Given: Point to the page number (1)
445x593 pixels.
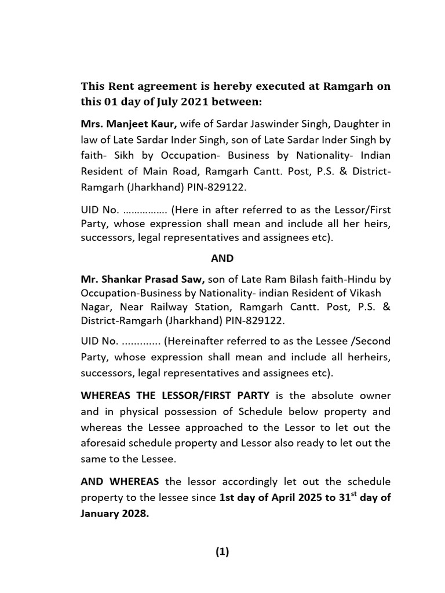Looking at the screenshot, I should click(x=222, y=552).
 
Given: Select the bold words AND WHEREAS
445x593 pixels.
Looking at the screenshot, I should click(x=120, y=481).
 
